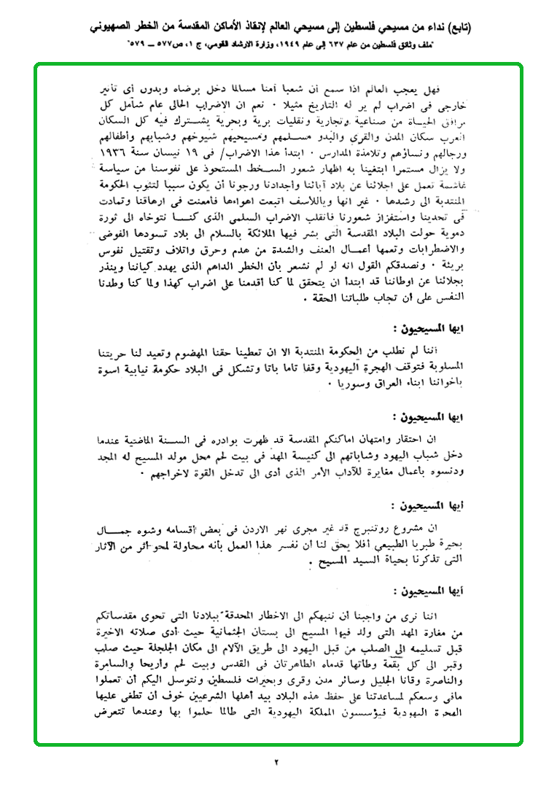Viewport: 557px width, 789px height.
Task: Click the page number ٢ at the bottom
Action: (x=277, y=763)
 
